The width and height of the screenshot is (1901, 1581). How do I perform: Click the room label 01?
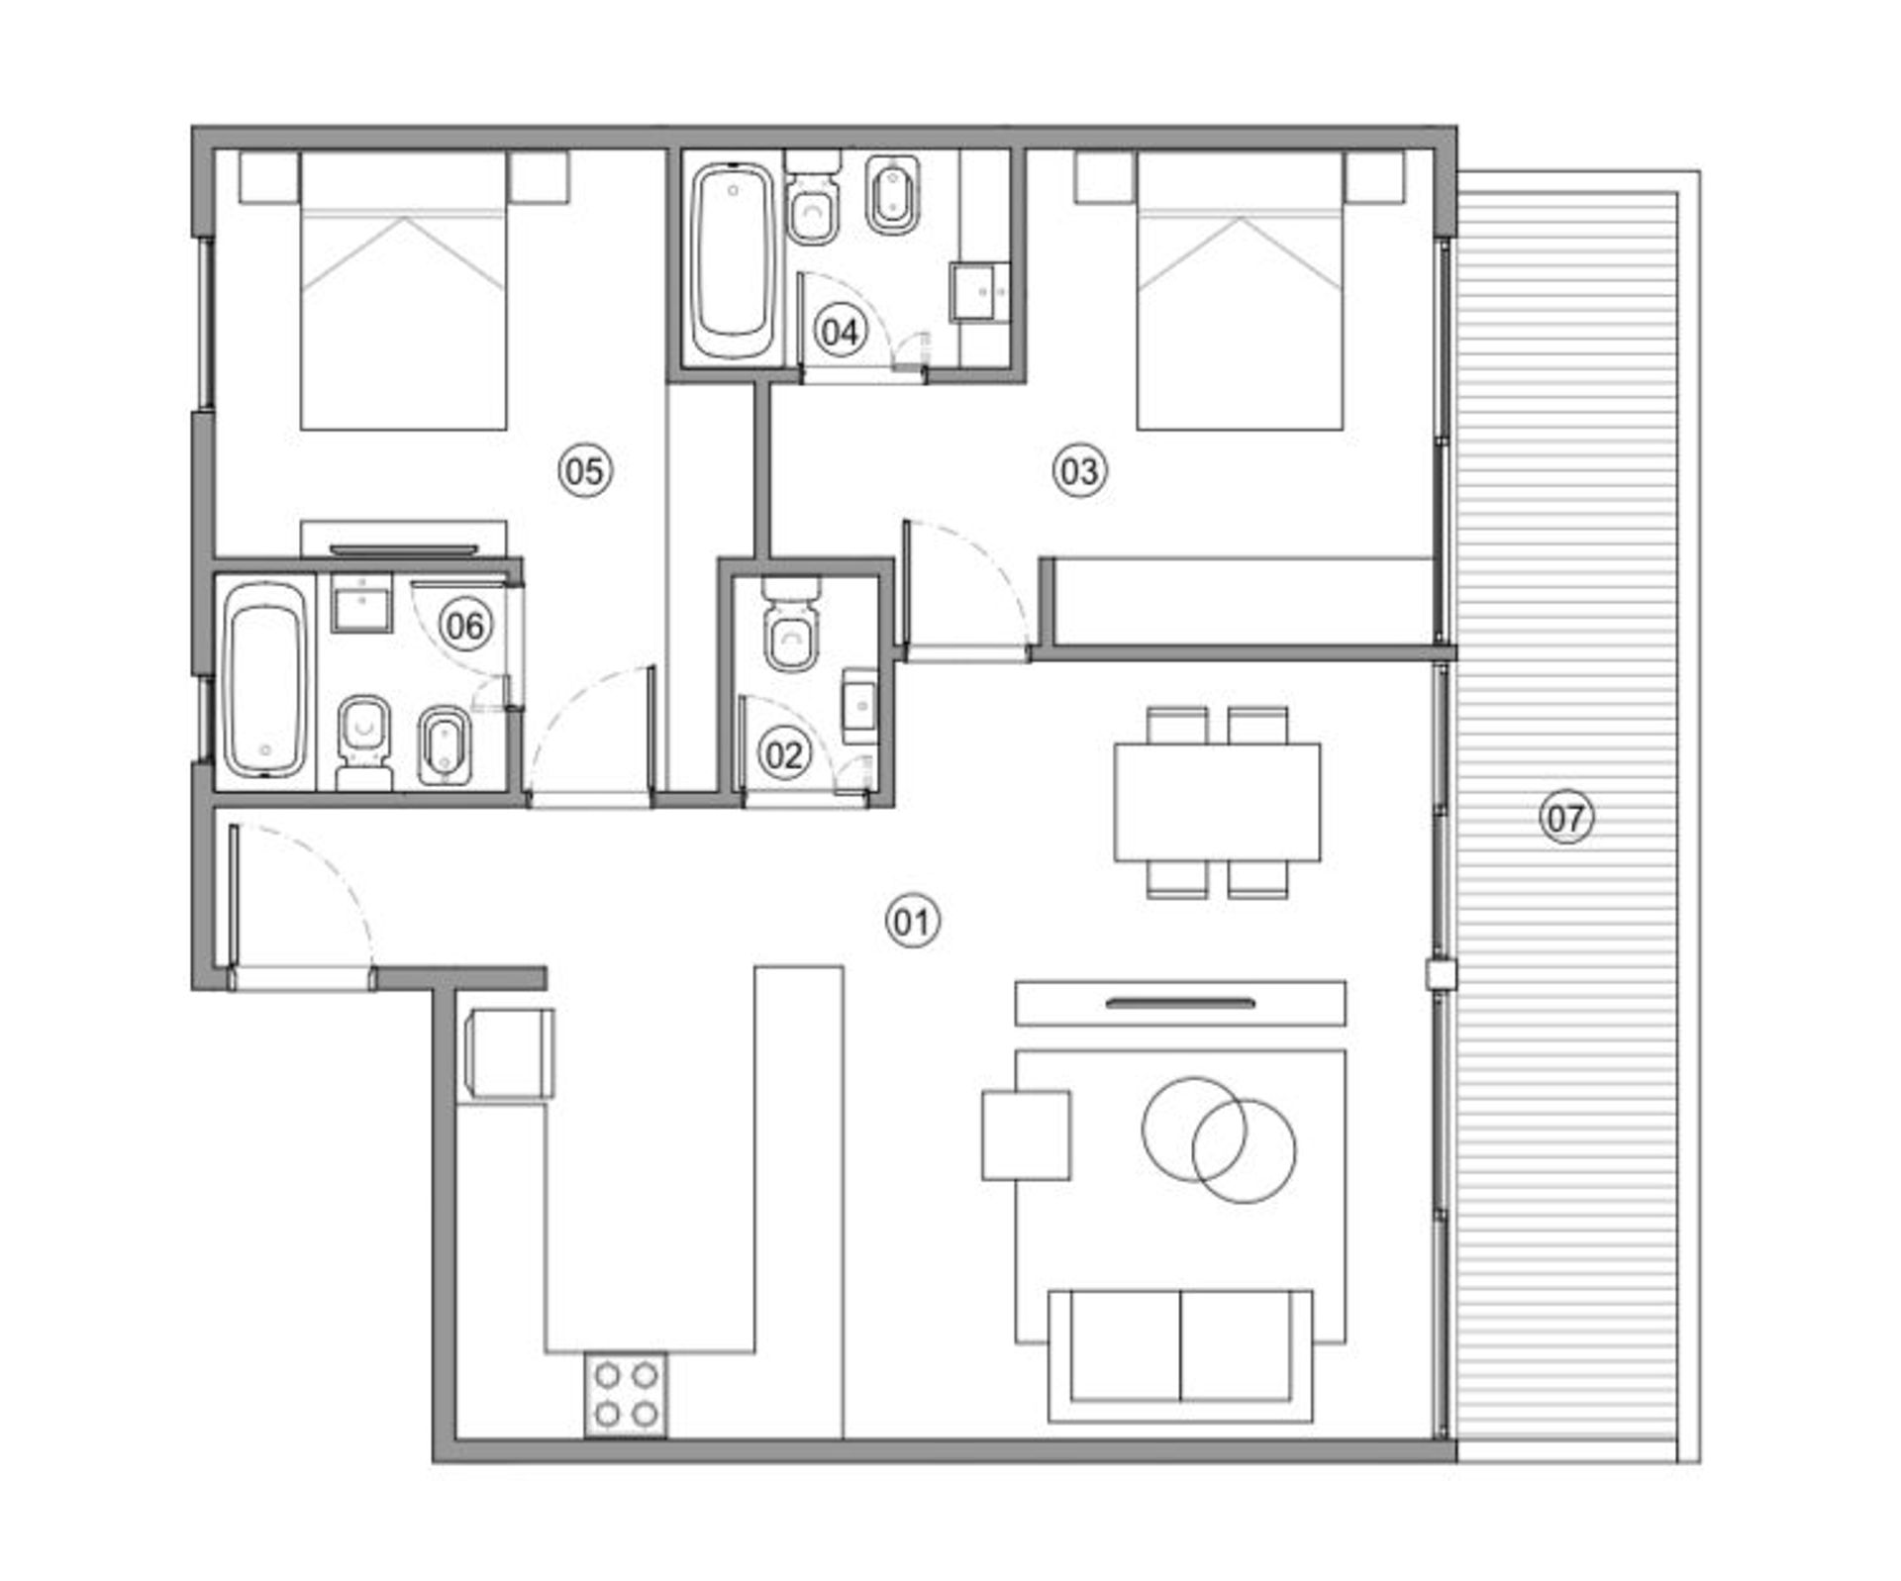click(912, 922)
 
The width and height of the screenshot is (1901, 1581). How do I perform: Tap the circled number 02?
click(784, 754)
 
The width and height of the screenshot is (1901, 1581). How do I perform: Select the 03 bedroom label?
click(1079, 470)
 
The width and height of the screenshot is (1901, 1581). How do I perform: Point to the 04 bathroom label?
click(840, 331)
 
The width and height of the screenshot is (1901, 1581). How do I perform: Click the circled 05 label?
click(585, 470)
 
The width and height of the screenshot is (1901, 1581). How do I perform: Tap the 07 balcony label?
click(1566, 818)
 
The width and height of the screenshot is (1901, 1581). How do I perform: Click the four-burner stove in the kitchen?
click(626, 1395)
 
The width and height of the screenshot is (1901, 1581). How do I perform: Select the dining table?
click(1217, 802)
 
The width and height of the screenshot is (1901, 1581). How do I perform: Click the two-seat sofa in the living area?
click(1180, 1355)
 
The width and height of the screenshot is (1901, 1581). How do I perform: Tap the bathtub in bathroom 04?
click(733, 262)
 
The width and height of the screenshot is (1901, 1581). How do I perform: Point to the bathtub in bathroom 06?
click(263, 679)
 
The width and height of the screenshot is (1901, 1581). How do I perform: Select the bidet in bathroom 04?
click(893, 194)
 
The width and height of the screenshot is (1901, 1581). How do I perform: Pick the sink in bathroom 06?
click(362, 602)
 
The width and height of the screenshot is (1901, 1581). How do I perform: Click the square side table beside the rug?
click(1026, 1136)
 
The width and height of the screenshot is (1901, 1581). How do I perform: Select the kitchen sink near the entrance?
click(507, 1053)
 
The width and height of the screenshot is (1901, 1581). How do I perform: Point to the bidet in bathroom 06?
click(445, 745)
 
